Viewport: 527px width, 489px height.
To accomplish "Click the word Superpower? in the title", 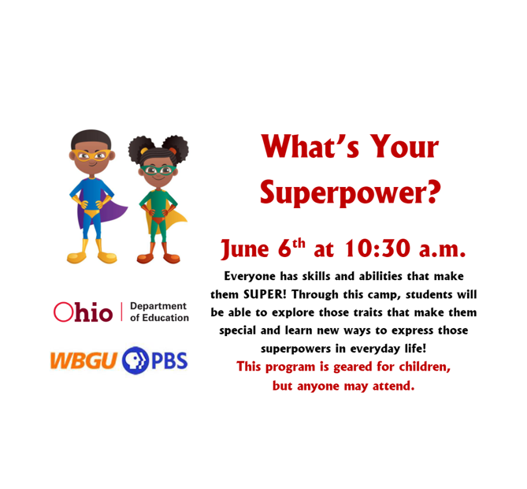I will click(x=351, y=191).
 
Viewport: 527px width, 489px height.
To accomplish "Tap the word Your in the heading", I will click(x=399, y=147).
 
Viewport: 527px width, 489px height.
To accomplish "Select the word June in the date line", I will click(x=246, y=250).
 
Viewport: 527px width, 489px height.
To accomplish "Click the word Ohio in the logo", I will click(x=84, y=312).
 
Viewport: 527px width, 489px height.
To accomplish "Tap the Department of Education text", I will click(x=159, y=312).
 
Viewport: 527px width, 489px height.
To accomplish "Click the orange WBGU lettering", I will click(x=84, y=361).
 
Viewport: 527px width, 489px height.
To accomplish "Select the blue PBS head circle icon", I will click(x=135, y=361).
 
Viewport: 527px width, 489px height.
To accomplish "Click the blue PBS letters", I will click(x=169, y=361).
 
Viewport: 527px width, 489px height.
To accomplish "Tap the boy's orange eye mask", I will click(x=93, y=155).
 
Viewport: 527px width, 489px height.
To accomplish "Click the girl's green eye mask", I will click(x=158, y=170).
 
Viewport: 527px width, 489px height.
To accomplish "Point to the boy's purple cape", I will click(x=114, y=211).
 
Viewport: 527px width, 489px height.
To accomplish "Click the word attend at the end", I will click(x=392, y=386).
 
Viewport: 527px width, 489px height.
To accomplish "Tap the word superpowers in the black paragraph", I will click(x=292, y=348).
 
